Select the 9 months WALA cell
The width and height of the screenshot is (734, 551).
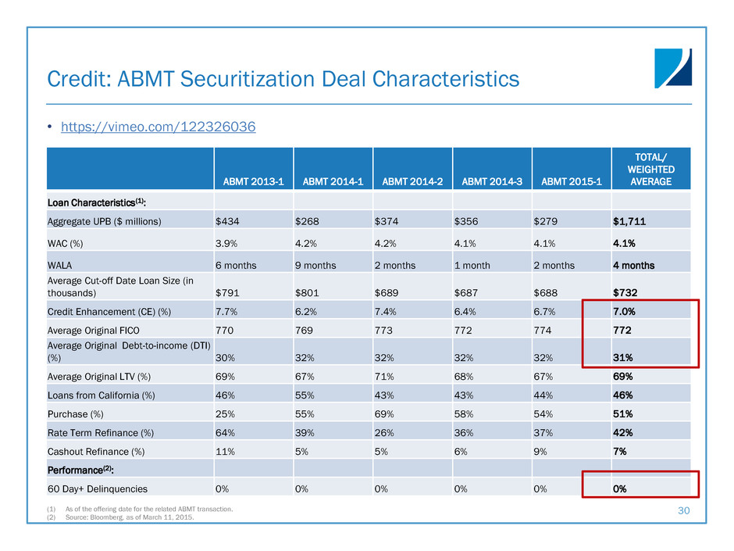315,265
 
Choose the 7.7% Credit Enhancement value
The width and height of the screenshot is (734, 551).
227,313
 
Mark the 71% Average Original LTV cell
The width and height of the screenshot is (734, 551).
385,377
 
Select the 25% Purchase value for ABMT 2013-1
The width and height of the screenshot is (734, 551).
225,413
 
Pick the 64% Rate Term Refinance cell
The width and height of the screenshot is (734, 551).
225,432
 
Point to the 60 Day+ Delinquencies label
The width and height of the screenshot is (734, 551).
98,489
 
